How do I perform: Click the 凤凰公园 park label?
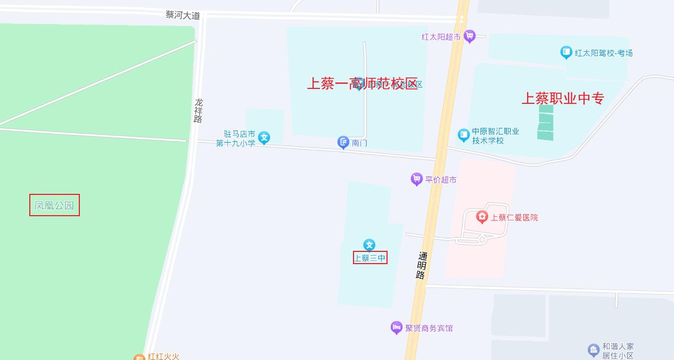click(54, 205)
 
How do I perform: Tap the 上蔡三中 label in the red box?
click(370, 258)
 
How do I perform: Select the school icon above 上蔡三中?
click(369, 245)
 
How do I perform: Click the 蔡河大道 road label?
click(183, 15)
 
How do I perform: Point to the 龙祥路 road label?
click(199, 110)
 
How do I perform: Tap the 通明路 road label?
click(422, 266)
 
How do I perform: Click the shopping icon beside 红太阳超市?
click(469, 36)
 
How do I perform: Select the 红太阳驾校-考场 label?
click(604, 53)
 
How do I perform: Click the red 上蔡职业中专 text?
click(563, 99)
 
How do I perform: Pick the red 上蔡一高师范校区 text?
click(363, 84)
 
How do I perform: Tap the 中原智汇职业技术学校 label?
click(495, 136)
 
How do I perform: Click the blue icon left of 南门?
click(343, 142)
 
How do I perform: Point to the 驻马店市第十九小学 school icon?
click(264, 138)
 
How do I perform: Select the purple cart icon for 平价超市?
click(417, 179)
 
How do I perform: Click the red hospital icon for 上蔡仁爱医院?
click(482, 217)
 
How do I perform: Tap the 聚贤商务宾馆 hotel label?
click(429, 328)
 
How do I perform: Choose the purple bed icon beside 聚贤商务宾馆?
click(396, 328)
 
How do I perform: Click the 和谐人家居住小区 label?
click(618, 351)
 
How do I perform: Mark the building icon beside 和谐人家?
click(594, 350)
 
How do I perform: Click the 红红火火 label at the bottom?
click(164, 356)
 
